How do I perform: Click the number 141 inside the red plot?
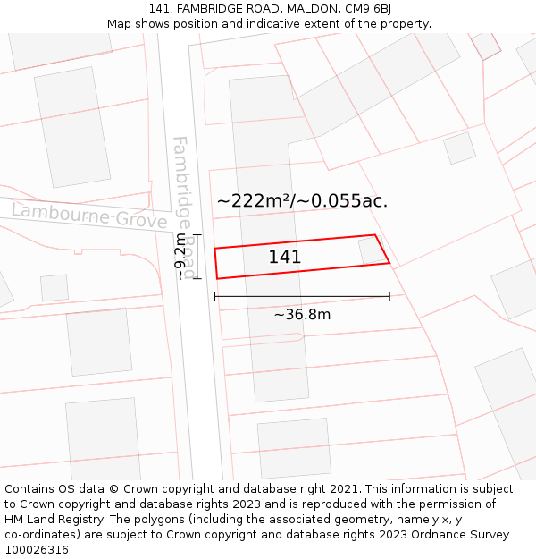tap(284, 258)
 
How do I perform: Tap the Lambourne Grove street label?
tap(89, 216)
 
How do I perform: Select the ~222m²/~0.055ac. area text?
tap(302, 200)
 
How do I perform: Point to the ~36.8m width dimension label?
tap(302, 315)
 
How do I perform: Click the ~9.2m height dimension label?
tap(180, 257)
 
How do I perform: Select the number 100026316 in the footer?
tap(38, 550)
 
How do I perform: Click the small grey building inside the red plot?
tap(373, 250)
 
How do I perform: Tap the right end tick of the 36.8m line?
tap(389, 296)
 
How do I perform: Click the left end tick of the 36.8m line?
tap(215, 296)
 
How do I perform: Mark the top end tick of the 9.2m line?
tap(197, 235)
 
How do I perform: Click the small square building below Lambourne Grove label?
tap(54, 288)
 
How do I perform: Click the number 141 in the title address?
tap(173, 9)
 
